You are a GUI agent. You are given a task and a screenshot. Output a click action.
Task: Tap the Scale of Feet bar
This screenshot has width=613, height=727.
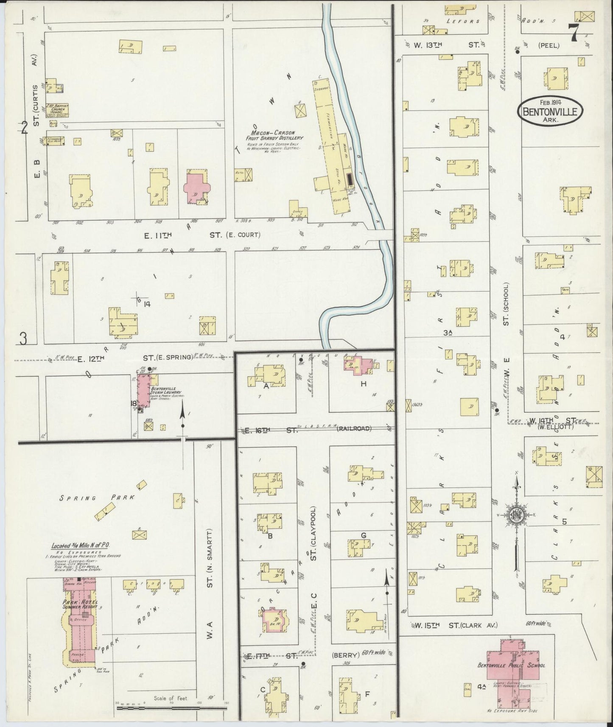pyautogui.click(x=172, y=707)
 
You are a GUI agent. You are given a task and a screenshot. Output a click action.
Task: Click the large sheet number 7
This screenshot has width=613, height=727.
pyautogui.click(x=574, y=33)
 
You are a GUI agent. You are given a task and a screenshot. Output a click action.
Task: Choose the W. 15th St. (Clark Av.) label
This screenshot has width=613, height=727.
pyautogui.click(x=453, y=625)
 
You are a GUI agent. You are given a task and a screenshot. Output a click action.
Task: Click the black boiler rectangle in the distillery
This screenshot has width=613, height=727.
pyautogui.click(x=350, y=179)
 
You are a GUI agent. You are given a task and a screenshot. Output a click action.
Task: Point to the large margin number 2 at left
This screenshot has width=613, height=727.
pyautogui.click(x=25, y=128)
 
